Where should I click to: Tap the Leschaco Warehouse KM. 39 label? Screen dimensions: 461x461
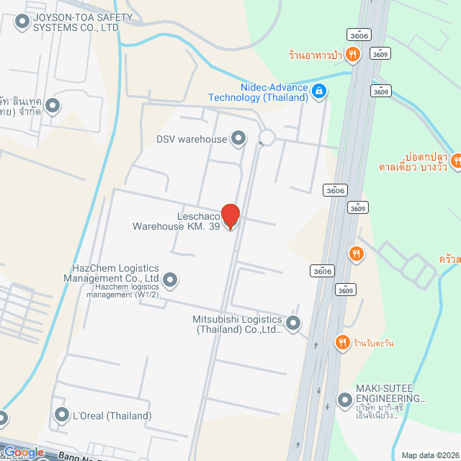[177, 221]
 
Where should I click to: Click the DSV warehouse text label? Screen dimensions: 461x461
[192, 139]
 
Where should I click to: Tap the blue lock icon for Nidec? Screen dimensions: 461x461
[320, 91]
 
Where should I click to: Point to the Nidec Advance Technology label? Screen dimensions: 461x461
[259, 91]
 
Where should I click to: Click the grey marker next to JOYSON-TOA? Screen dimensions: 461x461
[23, 22]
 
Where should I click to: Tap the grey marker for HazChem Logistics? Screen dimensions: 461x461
[170, 279]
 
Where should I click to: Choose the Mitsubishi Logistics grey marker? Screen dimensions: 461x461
[293, 323]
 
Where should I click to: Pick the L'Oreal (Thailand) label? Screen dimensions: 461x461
[112, 416]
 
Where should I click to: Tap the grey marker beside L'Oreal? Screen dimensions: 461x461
[61, 414]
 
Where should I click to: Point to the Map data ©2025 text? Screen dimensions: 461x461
[430, 455]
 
